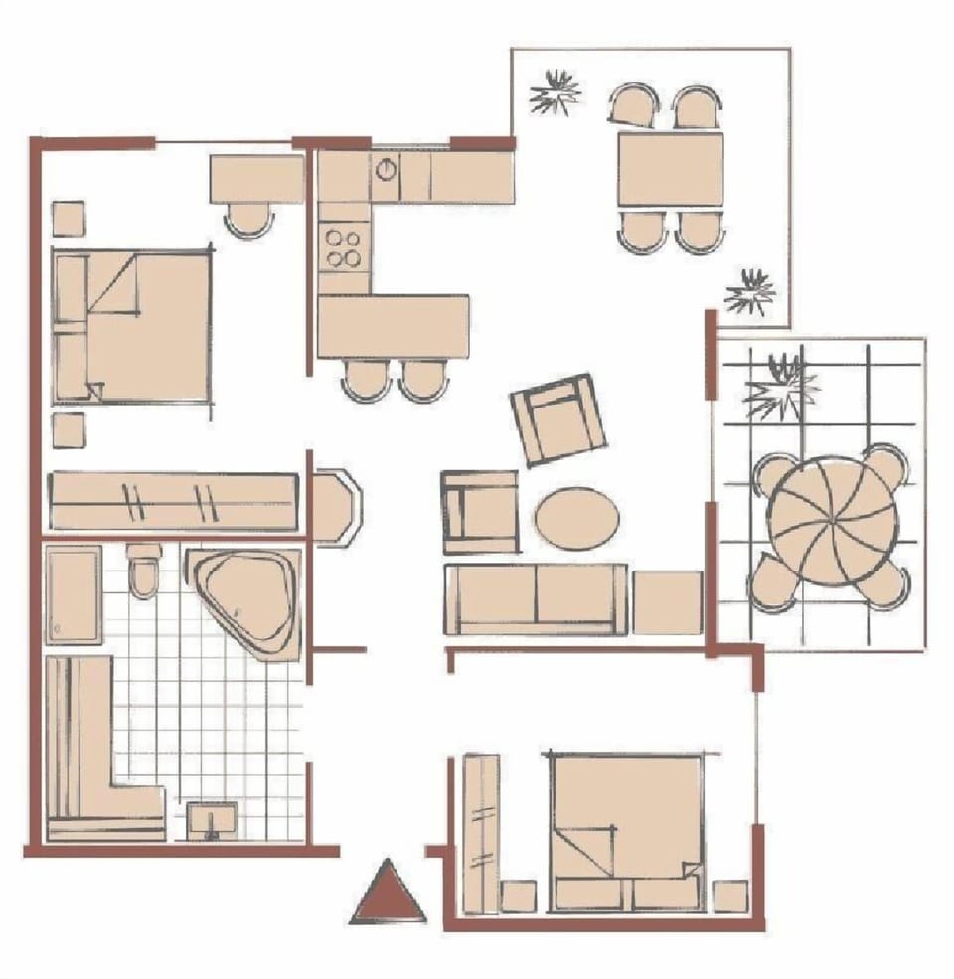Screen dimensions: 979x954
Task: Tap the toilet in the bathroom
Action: click(144, 571)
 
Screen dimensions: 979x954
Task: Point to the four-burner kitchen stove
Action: click(344, 247)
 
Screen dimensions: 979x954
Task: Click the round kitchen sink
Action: click(386, 169)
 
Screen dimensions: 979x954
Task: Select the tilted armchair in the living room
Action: click(557, 418)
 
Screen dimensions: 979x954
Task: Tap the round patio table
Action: click(832, 520)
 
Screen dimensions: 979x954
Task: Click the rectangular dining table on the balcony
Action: click(670, 169)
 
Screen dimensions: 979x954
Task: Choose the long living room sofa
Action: click(537, 598)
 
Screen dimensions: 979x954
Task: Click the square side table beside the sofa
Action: click(668, 602)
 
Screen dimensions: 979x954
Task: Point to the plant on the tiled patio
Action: click(780, 385)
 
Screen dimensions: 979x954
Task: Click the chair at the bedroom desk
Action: click(247, 219)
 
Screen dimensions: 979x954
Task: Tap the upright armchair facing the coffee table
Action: click(481, 512)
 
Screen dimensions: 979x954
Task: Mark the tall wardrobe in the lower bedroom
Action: click(482, 833)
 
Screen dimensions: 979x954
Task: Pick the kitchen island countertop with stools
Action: click(394, 326)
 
